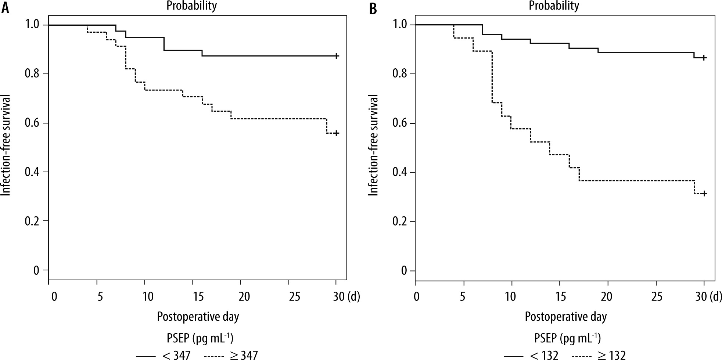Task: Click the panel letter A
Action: (6, 8)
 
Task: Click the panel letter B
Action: (373, 8)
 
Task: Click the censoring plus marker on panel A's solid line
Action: (336, 56)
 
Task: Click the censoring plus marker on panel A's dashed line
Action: (336, 133)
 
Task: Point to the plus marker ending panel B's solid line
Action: (704, 58)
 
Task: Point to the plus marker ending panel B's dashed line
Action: (704, 193)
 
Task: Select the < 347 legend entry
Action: (164, 355)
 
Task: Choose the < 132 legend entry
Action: (531, 355)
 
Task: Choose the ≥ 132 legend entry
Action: (599, 355)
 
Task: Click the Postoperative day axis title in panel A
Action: (198, 317)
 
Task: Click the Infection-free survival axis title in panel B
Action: (374, 145)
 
